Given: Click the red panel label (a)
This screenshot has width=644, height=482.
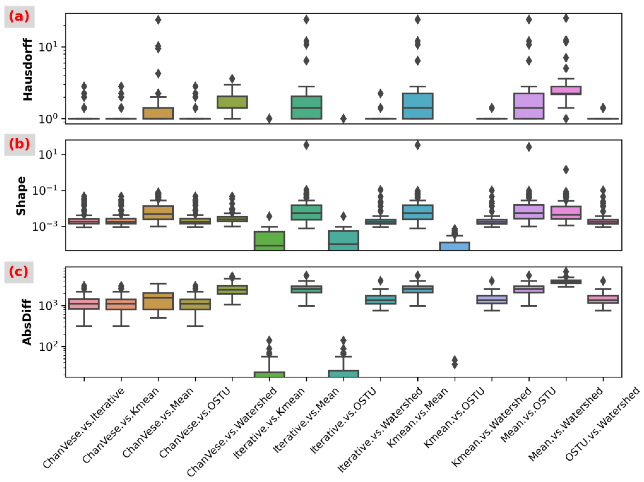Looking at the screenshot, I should click(x=19, y=17).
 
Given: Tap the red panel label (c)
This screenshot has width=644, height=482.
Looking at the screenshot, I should click(x=19, y=272).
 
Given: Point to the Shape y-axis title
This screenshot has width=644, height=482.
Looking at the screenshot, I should click(x=21, y=196).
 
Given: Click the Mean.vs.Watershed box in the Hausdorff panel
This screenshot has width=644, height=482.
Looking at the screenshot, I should click(x=566, y=90).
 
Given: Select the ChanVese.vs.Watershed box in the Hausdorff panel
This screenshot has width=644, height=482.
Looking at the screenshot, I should click(x=232, y=102).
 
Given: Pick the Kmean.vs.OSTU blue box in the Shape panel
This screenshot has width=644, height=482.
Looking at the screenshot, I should click(x=455, y=246).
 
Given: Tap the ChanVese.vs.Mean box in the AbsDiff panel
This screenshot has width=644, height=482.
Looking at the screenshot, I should click(x=158, y=301).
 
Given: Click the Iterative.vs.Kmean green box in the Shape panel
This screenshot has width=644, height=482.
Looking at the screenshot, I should click(x=269, y=241).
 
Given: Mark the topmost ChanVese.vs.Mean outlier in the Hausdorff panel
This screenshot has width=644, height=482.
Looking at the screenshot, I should click(x=158, y=20).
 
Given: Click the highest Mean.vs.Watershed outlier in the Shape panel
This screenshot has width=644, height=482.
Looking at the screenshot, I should click(x=566, y=170).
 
